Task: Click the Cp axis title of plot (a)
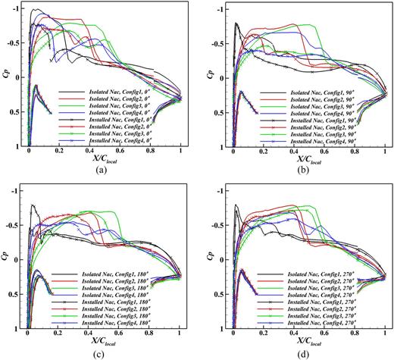coord(7,76)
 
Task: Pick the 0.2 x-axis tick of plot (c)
coord(58,334)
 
